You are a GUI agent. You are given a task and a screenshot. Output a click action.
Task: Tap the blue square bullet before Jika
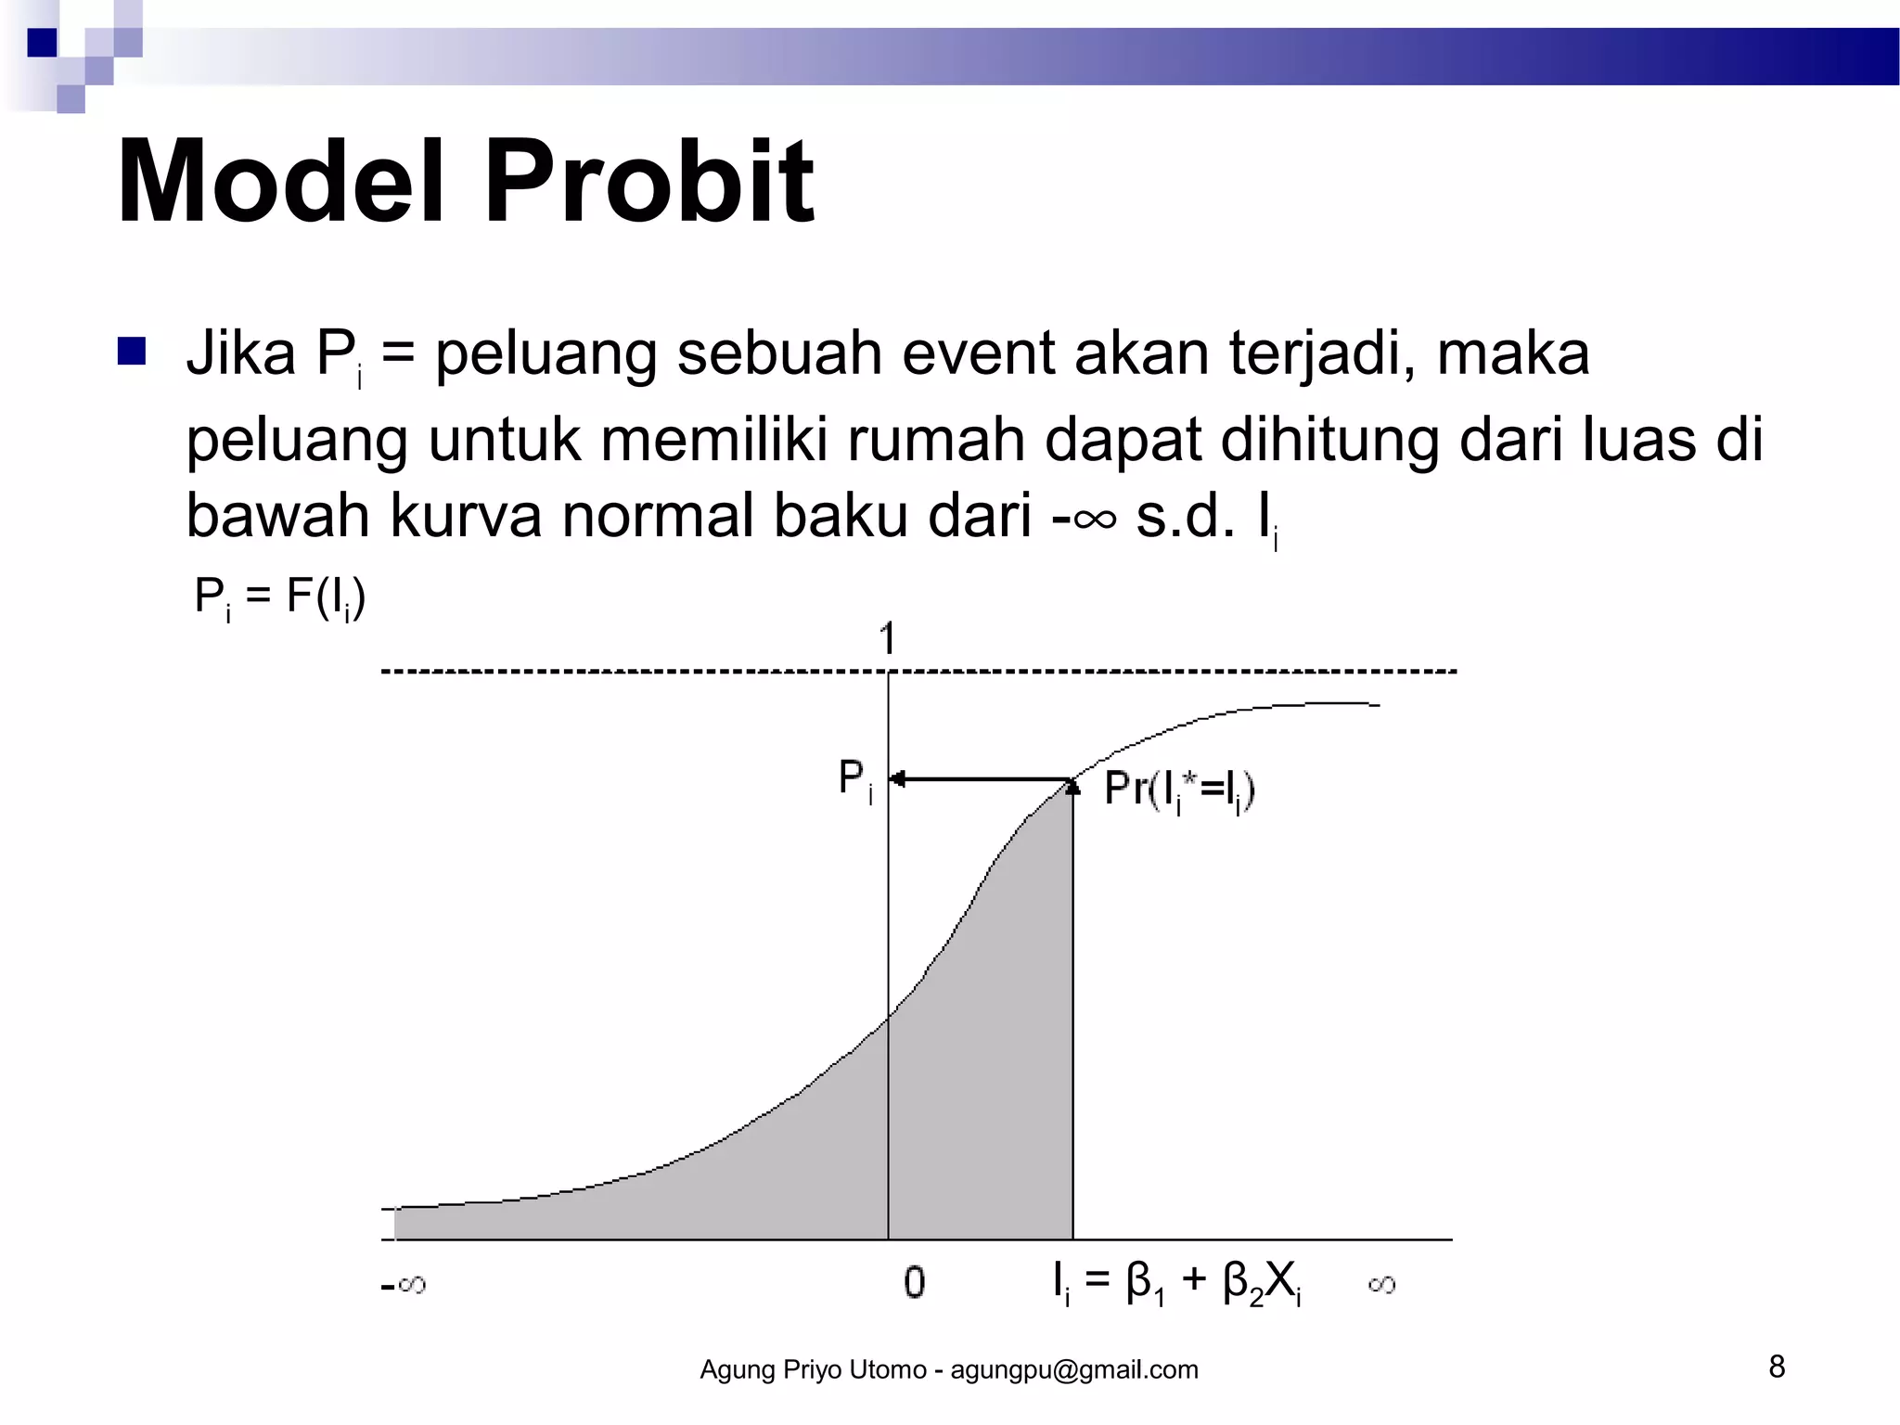pyautogui.click(x=132, y=353)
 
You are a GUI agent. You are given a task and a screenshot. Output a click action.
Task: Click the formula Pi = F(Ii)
pyautogui.click(x=279, y=597)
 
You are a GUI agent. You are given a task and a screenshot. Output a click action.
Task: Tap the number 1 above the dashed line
pyautogui.click(x=887, y=639)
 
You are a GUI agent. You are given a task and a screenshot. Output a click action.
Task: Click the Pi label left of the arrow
pyautogui.click(x=854, y=780)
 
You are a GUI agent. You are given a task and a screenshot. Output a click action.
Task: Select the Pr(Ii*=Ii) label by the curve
pyautogui.click(x=1178, y=790)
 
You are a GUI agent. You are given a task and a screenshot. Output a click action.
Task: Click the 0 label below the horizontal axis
pyautogui.click(x=914, y=1282)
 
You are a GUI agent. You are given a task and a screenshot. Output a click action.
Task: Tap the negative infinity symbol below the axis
pyautogui.click(x=404, y=1285)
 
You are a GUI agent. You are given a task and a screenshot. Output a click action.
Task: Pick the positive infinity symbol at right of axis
pyautogui.click(x=1381, y=1285)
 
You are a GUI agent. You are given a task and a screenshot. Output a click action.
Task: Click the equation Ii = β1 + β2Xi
pyautogui.click(x=1176, y=1283)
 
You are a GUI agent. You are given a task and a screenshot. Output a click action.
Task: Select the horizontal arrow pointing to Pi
pyautogui.click(x=980, y=779)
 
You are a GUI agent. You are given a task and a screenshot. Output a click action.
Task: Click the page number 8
pyautogui.click(x=1777, y=1367)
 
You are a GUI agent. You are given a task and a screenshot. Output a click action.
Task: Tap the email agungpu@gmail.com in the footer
pyautogui.click(x=1074, y=1370)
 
